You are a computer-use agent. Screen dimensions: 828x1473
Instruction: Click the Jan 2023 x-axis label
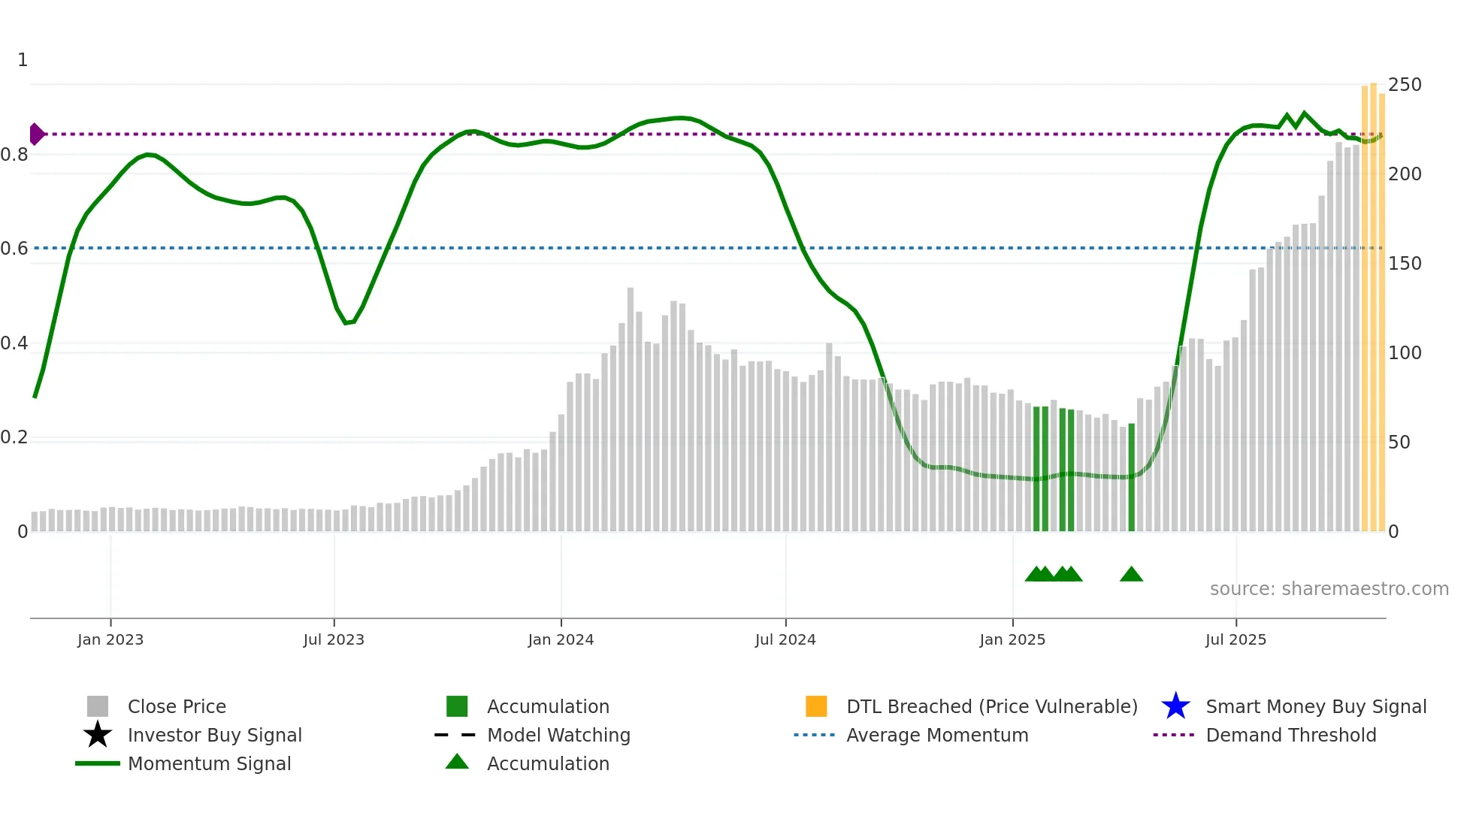click(x=110, y=639)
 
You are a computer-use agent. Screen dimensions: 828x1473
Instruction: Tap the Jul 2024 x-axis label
click(x=785, y=639)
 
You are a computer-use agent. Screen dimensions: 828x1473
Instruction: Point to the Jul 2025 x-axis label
click(x=1236, y=639)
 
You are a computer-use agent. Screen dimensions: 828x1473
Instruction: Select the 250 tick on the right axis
click(x=1405, y=84)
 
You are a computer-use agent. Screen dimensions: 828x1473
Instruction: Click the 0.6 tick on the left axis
click(x=14, y=249)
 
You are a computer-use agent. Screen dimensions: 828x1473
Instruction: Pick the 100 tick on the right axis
click(x=1405, y=352)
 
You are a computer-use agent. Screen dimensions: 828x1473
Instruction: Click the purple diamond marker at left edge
click(x=36, y=134)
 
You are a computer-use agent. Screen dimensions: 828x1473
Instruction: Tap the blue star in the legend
click(x=1175, y=706)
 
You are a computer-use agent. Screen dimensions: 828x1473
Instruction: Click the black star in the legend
click(x=98, y=735)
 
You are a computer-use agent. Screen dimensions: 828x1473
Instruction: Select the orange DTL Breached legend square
click(x=816, y=706)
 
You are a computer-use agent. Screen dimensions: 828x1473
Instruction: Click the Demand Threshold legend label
click(x=1290, y=735)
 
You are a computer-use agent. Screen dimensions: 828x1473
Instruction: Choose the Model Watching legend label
click(x=558, y=735)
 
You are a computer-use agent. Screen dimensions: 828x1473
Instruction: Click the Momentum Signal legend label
click(x=209, y=763)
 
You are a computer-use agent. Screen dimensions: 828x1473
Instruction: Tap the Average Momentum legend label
click(x=937, y=735)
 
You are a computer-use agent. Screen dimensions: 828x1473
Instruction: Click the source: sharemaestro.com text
click(x=1329, y=588)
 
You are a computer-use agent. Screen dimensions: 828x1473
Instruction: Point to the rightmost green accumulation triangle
click(x=1131, y=575)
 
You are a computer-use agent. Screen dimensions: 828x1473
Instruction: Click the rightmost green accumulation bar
click(x=1131, y=477)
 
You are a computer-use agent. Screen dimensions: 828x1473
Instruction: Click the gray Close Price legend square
click(x=98, y=706)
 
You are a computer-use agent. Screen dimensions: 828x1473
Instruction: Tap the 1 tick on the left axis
click(x=23, y=60)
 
